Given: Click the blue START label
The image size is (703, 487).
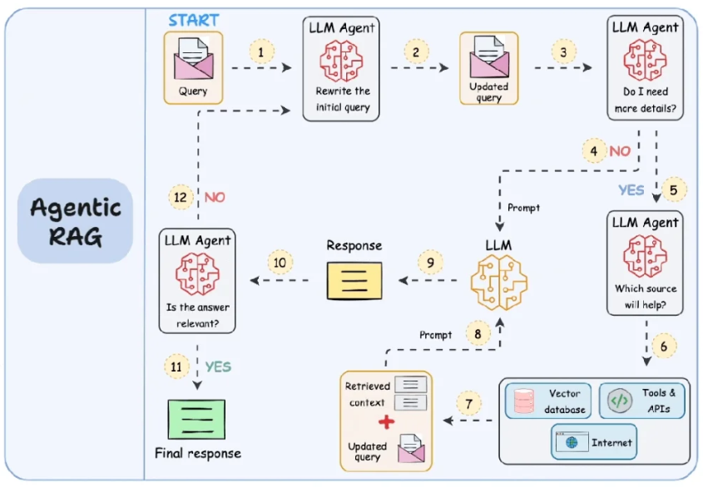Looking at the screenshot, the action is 194,20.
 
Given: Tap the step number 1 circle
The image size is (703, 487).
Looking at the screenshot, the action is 261,52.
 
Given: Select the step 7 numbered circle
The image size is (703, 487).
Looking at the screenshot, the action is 468,404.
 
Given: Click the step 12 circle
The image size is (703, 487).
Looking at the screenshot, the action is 181,197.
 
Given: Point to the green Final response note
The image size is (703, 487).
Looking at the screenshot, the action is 196,420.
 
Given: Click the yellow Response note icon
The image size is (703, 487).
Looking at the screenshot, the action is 354,281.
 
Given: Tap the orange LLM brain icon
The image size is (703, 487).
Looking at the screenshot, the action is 499,283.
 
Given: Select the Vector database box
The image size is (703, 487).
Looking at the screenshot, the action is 548,401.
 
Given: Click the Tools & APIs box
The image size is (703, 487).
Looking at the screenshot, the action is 642,401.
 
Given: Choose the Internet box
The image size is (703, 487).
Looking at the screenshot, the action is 594,442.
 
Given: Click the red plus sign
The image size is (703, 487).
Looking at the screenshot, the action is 386,422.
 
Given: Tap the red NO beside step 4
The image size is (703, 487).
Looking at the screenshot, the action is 620,151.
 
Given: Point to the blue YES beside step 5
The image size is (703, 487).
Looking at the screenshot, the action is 631,190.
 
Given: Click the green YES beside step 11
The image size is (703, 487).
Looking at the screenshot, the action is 218,367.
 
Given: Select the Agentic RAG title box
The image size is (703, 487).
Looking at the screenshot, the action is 76,221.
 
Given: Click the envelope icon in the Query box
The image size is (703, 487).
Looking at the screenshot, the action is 193,59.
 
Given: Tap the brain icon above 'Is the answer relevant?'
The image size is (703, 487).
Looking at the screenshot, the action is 197,274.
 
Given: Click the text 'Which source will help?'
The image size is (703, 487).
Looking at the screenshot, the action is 646,297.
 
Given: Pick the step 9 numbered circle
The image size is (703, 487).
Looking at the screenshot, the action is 430,263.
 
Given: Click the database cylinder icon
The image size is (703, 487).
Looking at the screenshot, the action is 523,401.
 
